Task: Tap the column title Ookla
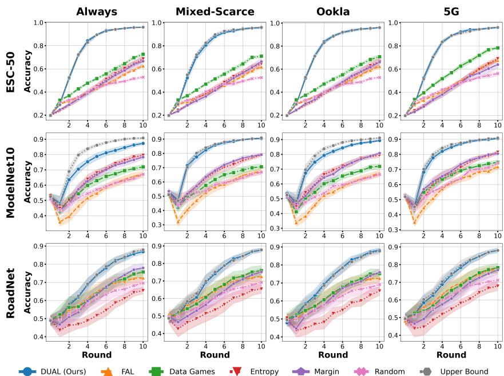(332, 11)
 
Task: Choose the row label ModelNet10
(11, 180)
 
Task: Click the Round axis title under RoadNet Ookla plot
(332, 355)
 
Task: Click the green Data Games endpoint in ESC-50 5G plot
(497, 48)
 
